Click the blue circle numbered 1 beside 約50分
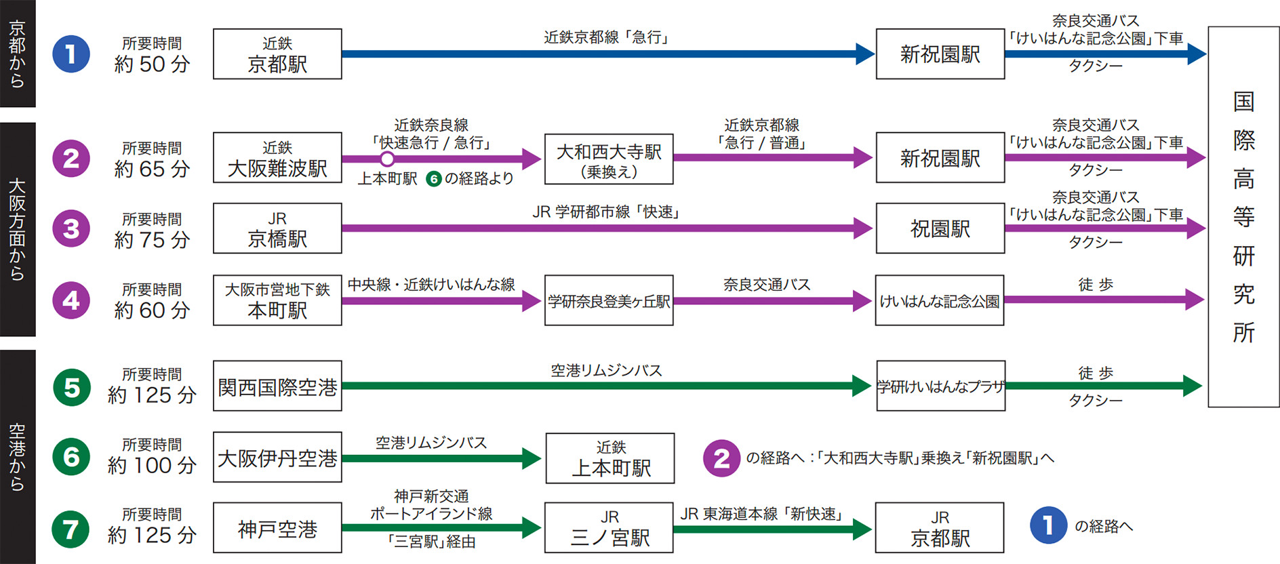(x=71, y=54)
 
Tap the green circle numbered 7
(x=71, y=529)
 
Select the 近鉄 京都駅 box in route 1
(x=277, y=54)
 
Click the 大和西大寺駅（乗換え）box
(x=609, y=159)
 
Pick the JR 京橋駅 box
(x=277, y=228)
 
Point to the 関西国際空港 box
(x=277, y=386)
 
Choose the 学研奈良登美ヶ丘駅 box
(x=609, y=300)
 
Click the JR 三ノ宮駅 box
(x=609, y=528)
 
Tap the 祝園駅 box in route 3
(x=940, y=229)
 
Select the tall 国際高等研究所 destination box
(x=1243, y=217)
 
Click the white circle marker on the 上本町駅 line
(x=387, y=159)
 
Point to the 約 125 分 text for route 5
(x=152, y=395)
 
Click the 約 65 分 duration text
(x=152, y=169)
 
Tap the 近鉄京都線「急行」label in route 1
(x=607, y=37)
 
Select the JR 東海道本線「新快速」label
(x=762, y=514)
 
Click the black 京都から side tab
(x=18, y=54)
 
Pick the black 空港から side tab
(x=18, y=457)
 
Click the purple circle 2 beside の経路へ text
(x=721, y=458)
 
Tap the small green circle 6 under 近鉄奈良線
(x=434, y=179)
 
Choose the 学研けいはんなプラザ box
(x=940, y=386)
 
